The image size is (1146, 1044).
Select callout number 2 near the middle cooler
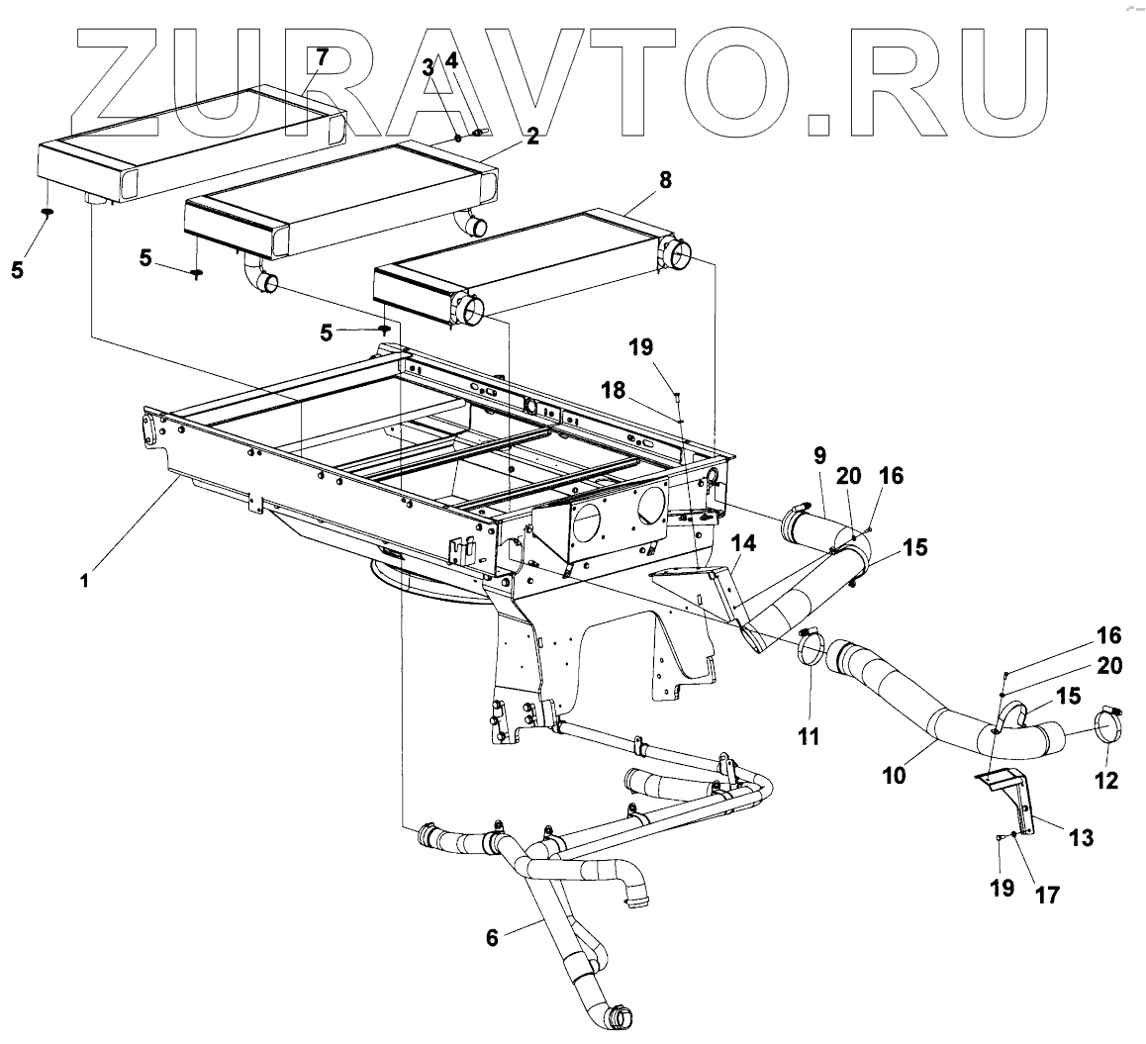532,136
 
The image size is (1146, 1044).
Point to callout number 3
428,66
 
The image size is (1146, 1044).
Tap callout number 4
451,59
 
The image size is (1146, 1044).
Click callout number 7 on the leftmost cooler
323,57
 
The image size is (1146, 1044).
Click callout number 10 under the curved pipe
895,776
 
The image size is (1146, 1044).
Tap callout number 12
1105,780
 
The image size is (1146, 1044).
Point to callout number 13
1081,838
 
